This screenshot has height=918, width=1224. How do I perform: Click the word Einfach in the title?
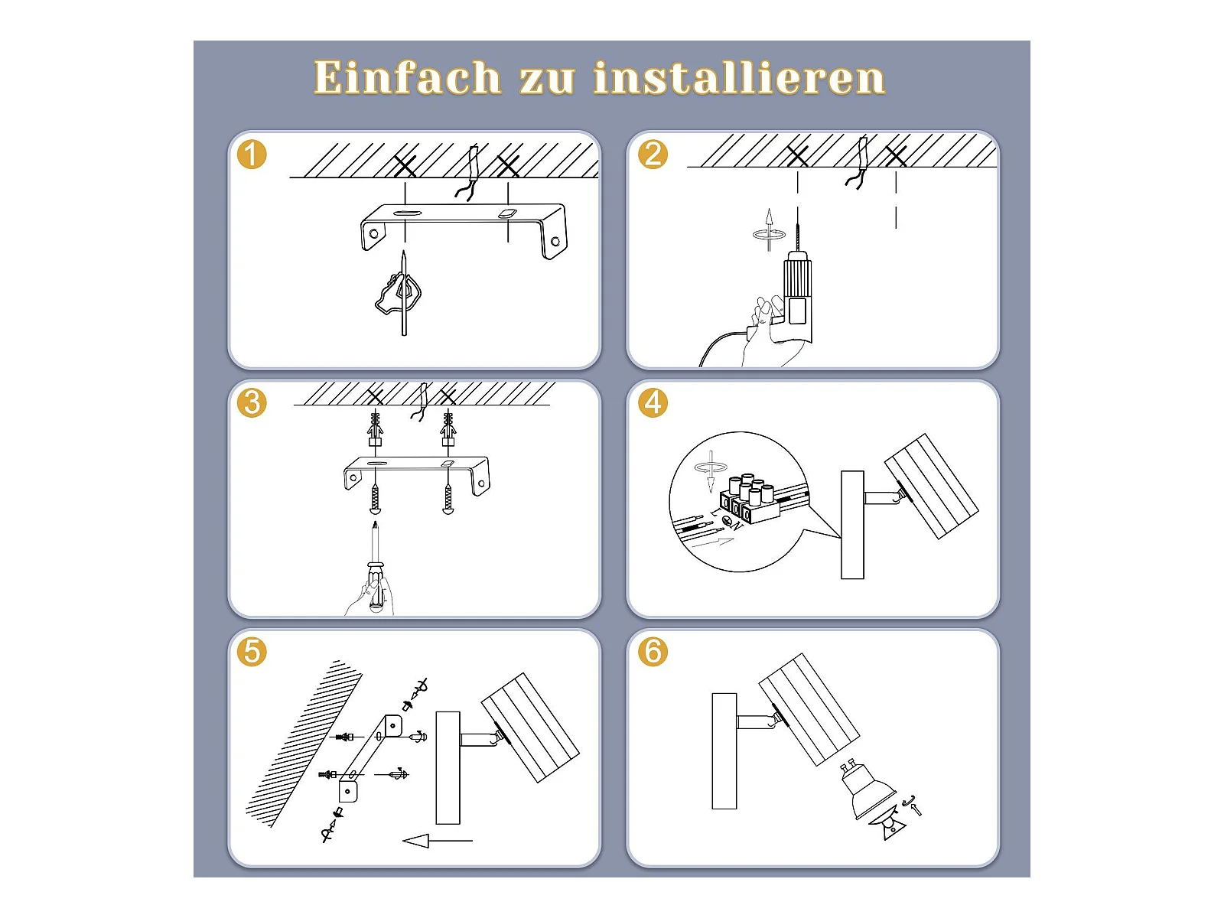408,77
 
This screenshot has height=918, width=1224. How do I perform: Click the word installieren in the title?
740,77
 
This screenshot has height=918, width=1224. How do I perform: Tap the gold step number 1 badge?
252,155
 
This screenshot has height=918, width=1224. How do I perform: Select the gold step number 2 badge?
653,155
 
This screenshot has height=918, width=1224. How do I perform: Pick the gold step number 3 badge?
252,402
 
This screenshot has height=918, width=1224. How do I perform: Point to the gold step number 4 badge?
653,402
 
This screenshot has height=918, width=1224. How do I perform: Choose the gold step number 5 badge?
252,651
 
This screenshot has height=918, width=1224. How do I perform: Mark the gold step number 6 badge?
653,651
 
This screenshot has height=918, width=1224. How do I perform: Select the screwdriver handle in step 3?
376,586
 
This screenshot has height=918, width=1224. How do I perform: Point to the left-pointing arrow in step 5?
437,840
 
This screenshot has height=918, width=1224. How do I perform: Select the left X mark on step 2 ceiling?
797,156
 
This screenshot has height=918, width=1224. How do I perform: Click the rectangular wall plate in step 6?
724,750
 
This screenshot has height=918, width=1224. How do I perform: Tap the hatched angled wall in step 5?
304,744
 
